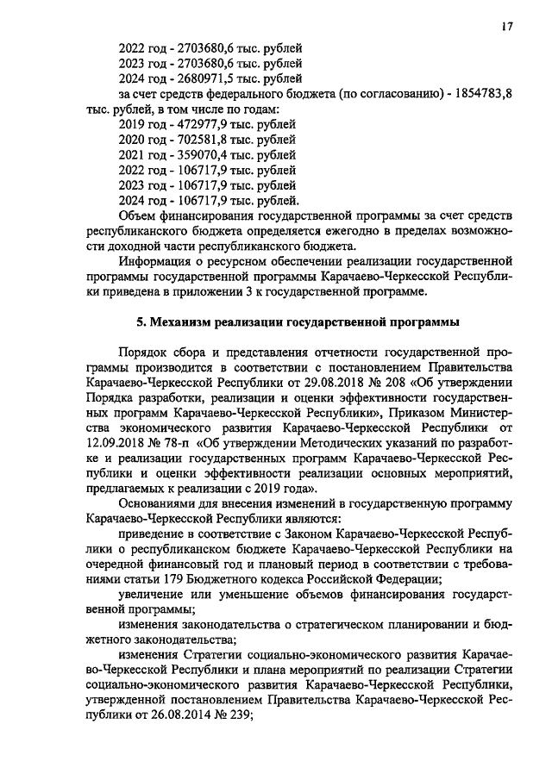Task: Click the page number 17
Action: coord(507,27)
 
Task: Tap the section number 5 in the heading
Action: coord(141,322)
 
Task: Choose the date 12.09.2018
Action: coord(116,443)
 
